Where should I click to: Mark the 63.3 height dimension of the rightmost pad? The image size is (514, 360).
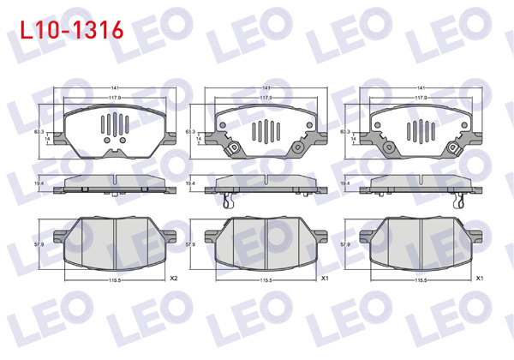click(344, 132)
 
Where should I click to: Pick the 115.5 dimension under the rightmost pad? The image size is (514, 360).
click(420, 280)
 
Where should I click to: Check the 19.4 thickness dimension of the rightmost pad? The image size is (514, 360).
click(344, 183)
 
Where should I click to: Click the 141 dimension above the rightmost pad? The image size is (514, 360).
click(420, 88)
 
